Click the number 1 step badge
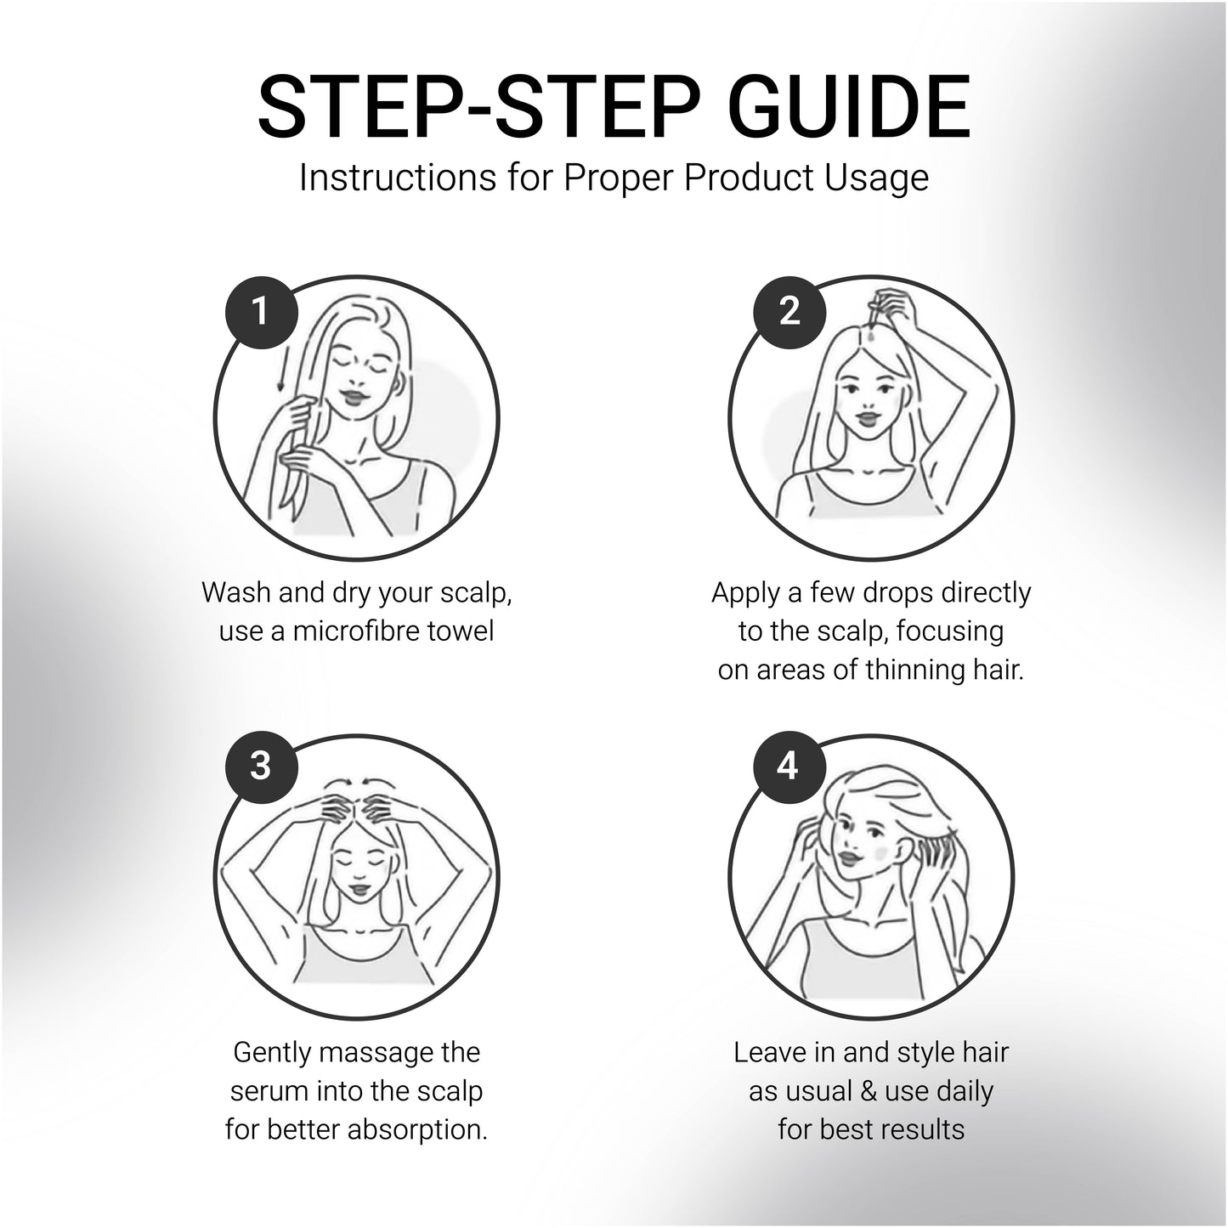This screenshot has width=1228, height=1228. coord(261,312)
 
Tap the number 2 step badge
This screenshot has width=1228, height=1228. coord(789,312)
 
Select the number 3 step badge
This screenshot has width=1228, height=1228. coord(261,767)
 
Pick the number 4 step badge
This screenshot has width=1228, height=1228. coord(789,767)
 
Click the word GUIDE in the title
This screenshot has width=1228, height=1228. coord(849,105)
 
